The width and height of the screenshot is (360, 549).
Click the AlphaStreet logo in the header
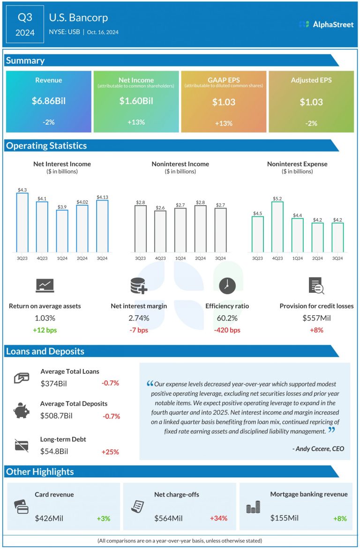point(326,24)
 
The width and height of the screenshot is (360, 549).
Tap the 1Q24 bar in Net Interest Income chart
point(62,230)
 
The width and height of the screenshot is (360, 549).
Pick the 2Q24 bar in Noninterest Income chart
point(200,228)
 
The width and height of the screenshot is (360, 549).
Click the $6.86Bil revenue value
point(49,101)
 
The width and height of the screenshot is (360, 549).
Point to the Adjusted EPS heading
point(311,80)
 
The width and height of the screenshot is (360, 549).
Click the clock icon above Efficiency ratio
point(227,285)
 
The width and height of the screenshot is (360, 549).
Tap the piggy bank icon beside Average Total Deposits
point(21,411)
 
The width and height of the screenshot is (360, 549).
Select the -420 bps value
point(227,330)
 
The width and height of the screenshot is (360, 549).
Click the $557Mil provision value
point(316,319)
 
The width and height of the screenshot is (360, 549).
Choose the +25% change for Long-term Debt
point(110,452)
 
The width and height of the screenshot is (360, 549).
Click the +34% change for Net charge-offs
point(218,518)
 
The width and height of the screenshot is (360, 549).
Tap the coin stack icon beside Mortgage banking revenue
point(253,507)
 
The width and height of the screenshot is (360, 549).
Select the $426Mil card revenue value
point(49,518)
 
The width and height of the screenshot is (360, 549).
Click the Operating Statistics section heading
point(46,146)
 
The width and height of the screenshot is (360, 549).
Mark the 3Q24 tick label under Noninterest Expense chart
point(337,258)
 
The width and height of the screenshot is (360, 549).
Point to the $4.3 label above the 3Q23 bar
point(22,190)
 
